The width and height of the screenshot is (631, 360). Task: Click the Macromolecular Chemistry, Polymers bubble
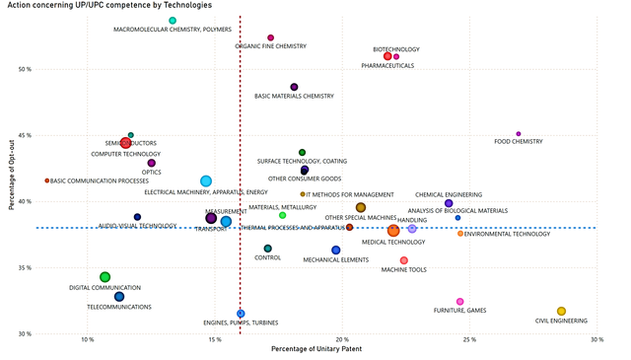point(173,21)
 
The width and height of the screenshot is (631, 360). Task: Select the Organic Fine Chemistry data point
point(270,37)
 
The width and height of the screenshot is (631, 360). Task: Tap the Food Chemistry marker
point(519,133)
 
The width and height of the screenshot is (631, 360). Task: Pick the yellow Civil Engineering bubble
point(561,311)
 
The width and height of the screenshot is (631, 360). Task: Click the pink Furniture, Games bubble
point(459,302)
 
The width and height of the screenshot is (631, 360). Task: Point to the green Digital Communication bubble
point(105,277)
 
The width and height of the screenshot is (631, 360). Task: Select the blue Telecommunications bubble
point(119,297)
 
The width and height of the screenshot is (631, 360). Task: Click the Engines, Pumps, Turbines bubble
point(241,314)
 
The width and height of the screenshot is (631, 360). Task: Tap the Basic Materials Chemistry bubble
point(294,87)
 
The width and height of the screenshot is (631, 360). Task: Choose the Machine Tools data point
point(404,260)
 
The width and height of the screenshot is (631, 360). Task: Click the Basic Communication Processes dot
point(46,180)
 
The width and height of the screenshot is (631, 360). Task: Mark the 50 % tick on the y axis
point(23,69)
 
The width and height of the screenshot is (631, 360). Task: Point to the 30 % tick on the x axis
point(596,340)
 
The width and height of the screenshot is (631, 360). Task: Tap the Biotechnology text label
point(395,48)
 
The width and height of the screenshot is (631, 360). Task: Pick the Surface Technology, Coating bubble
point(302,152)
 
